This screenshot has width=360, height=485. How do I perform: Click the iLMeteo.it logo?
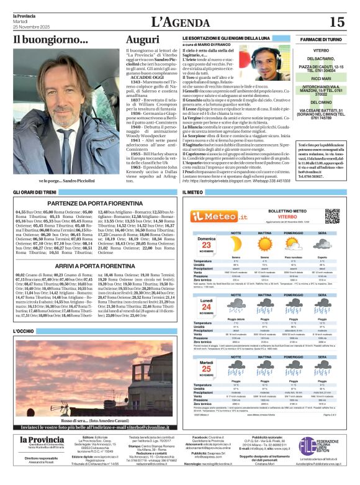212,216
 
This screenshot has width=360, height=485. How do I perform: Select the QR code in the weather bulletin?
332,215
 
